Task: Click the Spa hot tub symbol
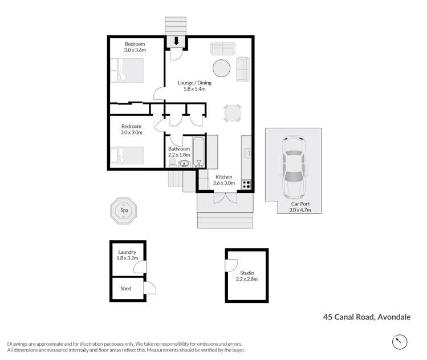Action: click(124, 210)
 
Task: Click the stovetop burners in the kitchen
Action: click(247, 184)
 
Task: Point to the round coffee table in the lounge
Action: click(222, 68)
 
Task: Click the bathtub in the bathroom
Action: click(199, 151)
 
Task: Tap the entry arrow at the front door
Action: click(176, 41)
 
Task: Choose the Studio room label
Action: click(247, 276)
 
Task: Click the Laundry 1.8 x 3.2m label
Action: click(128, 255)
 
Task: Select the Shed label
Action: click(125, 288)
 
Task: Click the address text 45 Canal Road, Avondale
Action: click(367, 317)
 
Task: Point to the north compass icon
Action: click(401, 342)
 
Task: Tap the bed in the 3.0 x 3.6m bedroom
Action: click(129, 72)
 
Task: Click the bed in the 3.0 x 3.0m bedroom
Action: click(128, 155)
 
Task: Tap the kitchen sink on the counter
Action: click(247, 153)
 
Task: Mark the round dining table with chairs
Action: click(233, 113)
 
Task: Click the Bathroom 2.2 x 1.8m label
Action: click(178, 152)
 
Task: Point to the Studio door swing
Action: click(231, 266)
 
